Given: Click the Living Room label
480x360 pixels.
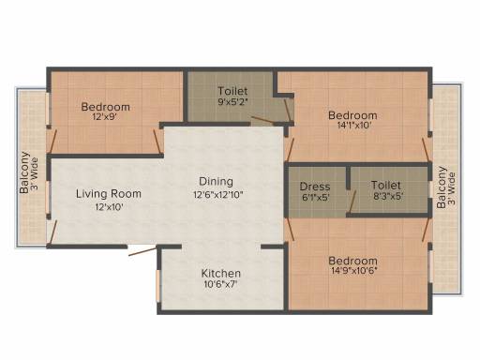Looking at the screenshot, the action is coord(109,194).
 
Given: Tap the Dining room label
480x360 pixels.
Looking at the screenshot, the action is coord(216,182).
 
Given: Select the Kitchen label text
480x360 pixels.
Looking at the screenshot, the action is coord(221,274).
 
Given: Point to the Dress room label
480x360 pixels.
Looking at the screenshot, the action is coord(315,187).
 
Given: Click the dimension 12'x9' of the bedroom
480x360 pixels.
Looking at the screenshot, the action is coord(107,117).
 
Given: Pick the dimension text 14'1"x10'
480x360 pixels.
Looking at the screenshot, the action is coord(354,126).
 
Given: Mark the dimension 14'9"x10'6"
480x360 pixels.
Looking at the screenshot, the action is coord(354,270).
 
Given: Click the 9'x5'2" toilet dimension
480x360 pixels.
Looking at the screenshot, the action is coord(232,101).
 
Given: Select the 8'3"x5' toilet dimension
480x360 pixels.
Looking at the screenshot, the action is coord(387,197).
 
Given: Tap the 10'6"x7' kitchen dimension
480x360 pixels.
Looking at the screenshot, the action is coord(220,284).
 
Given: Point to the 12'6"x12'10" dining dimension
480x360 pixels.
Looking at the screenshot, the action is coord(218,195).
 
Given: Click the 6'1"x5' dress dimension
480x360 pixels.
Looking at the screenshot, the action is coord(316,198).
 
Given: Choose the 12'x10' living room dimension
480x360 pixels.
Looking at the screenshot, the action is coord(109,206).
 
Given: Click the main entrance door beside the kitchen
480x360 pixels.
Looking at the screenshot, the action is coord(142,251).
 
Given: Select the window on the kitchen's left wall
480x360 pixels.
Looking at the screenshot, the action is coord(158,286).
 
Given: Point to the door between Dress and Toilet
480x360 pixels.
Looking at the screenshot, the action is coord(352,202).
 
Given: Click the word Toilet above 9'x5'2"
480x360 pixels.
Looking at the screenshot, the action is coord(232,91).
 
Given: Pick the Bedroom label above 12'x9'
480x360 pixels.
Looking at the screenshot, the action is coord(106,107).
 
